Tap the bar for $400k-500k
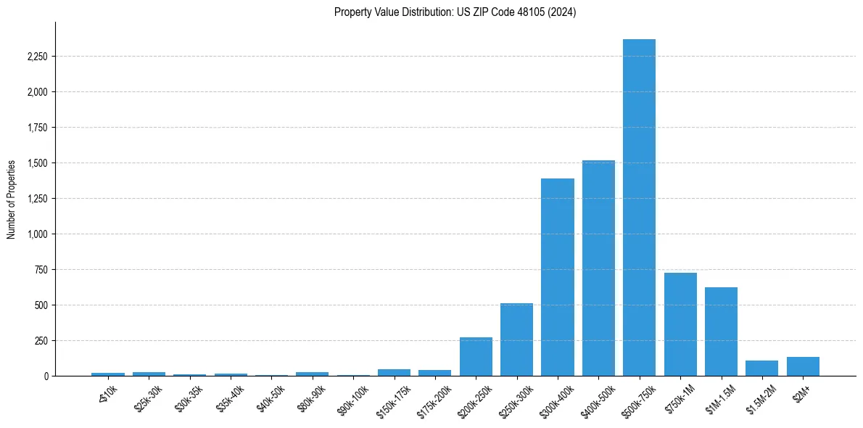pos(598,268)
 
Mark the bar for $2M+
pos(803,366)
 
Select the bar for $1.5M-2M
pos(761,369)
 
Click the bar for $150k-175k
pos(394,372)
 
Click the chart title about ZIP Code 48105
pos(455,12)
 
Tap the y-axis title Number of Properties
pos(12,199)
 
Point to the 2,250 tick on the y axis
pos(36,57)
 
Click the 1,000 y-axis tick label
pos(36,234)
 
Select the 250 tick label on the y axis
pos(41,341)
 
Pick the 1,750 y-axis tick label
pos(36,128)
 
